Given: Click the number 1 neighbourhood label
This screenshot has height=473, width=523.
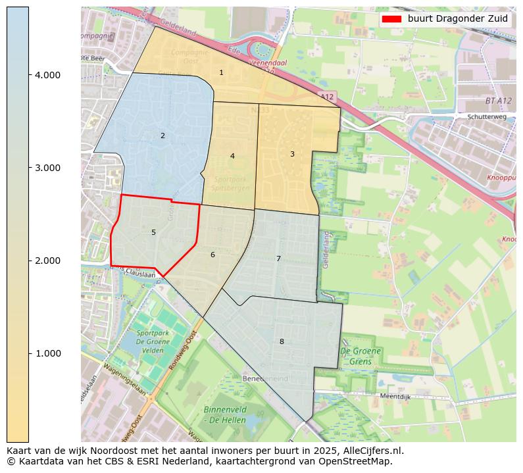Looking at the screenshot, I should click(221, 72).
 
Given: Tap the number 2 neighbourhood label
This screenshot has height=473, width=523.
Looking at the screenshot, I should click(162, 136).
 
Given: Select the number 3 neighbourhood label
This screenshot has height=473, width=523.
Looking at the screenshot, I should click(292, 154).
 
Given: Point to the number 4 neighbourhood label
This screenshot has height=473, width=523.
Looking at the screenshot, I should click(232, 156).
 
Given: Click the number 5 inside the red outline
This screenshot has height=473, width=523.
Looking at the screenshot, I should click(153, 232).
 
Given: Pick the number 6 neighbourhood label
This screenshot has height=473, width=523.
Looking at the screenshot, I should click(212, 255).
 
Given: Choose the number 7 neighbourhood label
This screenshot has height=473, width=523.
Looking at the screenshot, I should click(278, 259).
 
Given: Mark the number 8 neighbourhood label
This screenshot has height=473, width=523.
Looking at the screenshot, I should click(282, 341).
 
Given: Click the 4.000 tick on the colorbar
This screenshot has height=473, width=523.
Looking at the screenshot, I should click(47, 75).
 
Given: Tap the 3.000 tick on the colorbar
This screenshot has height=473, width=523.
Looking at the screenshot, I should click(47, 168).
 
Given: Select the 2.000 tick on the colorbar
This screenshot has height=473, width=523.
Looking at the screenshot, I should click(47, 261).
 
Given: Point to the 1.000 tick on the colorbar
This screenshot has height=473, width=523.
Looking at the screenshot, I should click(47, 353).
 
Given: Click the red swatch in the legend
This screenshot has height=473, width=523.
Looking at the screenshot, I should click(391, 19).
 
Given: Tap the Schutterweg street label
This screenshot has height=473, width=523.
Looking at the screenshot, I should click(486, 116).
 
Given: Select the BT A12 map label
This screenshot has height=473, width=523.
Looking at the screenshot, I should click(499, 101).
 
